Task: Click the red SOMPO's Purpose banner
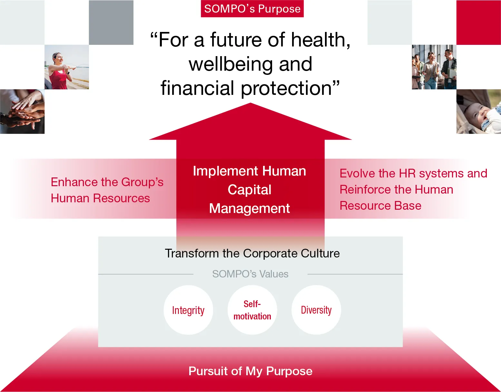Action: coord(252,9)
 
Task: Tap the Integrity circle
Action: coord(188,310)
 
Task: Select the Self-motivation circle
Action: coord(252,310)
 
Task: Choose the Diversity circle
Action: coord(316,310)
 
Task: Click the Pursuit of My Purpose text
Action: coord(250,371)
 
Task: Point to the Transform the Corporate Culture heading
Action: coord(252,254)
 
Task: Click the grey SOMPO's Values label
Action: coord(250,274)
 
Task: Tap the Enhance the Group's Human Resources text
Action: coord(107,190)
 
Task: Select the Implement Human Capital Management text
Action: coord(250,190)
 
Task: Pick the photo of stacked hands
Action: coord(22,112)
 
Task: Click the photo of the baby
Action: coord(478,112)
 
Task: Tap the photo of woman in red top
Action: coord(66,67)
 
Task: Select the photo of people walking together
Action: coord(434,67)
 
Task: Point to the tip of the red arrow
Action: coord(251,104)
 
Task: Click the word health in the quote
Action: coord(320,40)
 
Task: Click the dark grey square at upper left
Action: coord(111,23)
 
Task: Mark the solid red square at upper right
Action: coord(478,23)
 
